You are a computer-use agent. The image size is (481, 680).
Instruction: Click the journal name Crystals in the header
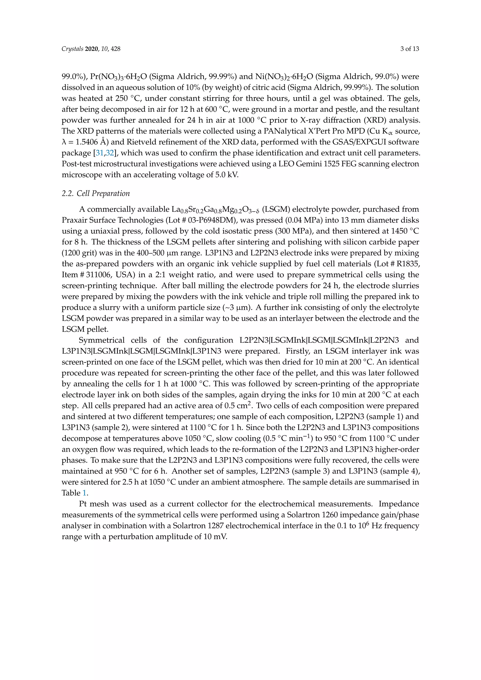[72, 49]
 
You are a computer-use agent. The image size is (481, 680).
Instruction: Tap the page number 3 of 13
[410, 49]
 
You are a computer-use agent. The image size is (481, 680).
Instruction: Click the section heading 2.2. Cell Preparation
[96, 193]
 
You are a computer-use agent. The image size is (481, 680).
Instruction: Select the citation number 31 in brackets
[99, 153]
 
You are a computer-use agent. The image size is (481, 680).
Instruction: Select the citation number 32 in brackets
[110, 153]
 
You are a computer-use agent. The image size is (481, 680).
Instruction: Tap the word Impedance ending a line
[399, 504]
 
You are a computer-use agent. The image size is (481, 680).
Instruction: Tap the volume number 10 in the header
[104, 49]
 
